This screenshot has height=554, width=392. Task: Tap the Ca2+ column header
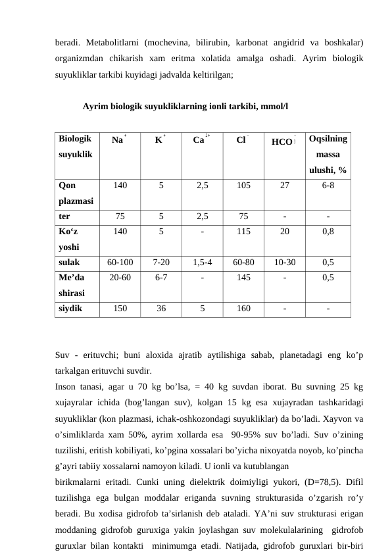tap(201, 140)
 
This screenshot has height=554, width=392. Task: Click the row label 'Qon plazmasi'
tap(75, 193)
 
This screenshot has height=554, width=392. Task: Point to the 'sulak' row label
tap(69, 262)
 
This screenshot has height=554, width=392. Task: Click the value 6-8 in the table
tap(328, 186)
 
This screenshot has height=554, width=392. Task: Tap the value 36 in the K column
tap(161, 307)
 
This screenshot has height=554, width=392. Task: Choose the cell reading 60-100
tap(120, 262)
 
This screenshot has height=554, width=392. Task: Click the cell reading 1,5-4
tap(202, 262)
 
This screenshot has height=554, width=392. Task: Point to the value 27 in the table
tap(284, 186)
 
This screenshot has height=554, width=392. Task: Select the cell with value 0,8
tap(328, 232)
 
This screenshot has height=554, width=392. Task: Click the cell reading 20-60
tap(120, 278)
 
